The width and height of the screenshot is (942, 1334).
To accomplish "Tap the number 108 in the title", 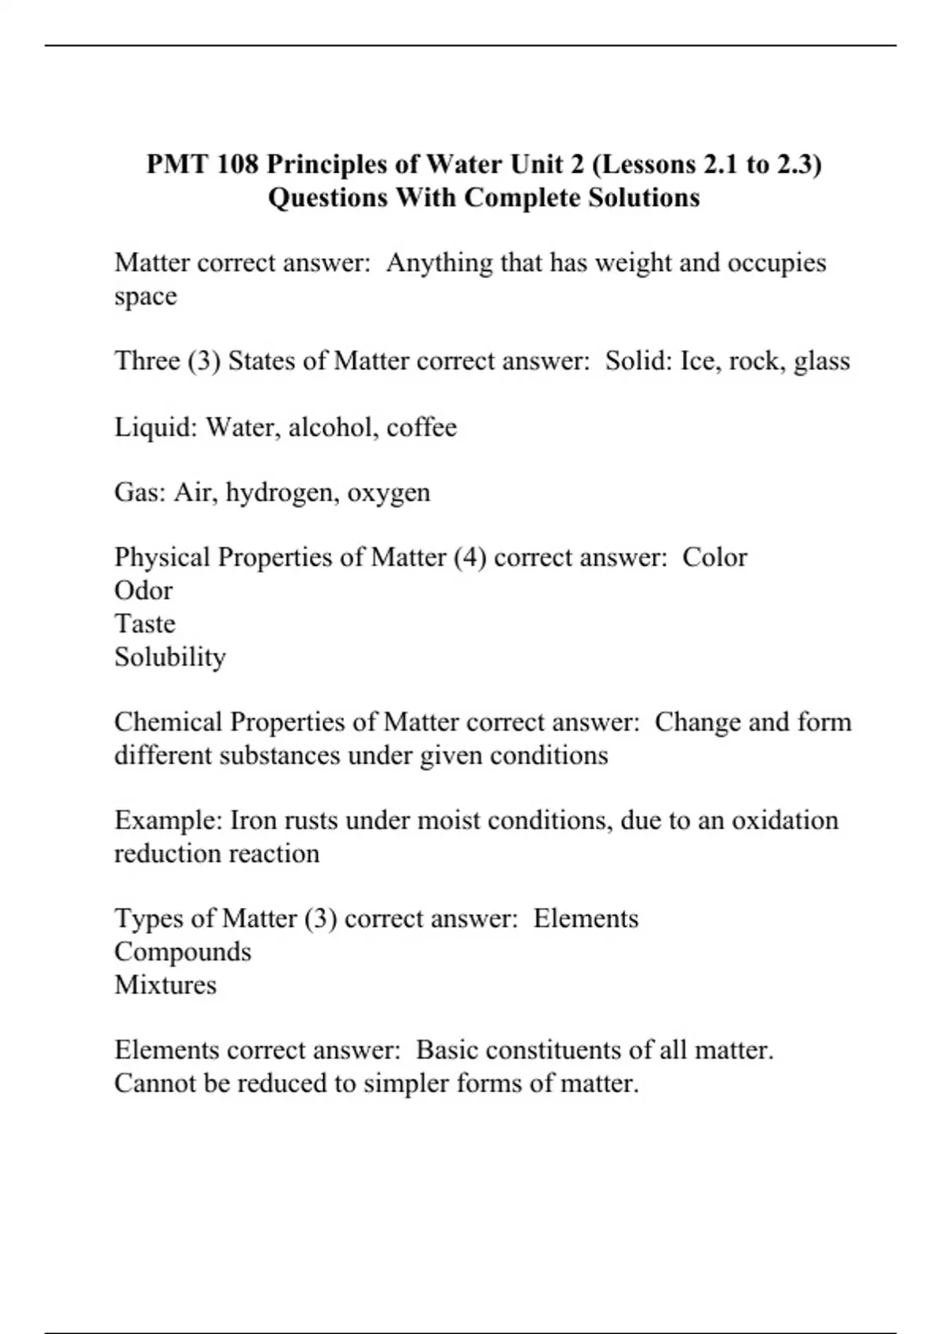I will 239,165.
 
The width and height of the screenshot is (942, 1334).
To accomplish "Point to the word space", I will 145,297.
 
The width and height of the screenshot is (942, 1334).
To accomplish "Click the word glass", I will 822,361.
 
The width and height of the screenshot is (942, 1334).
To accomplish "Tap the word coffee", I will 422,427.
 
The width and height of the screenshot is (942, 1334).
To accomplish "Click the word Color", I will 714,557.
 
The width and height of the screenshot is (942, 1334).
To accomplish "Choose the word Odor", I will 143,590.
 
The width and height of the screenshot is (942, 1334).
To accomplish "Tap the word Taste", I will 144,624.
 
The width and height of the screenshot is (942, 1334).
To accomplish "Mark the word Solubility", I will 170,657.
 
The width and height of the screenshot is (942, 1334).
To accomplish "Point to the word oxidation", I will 785,821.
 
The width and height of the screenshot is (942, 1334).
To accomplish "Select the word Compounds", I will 182,952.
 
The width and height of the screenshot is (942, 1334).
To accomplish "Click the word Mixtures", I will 165,985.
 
